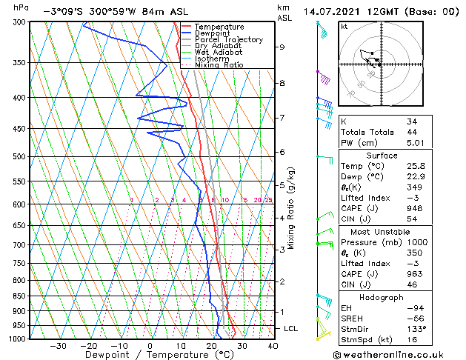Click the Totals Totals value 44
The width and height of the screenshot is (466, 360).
[413, 132]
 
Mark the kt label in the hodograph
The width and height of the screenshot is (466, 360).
[344, 27]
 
